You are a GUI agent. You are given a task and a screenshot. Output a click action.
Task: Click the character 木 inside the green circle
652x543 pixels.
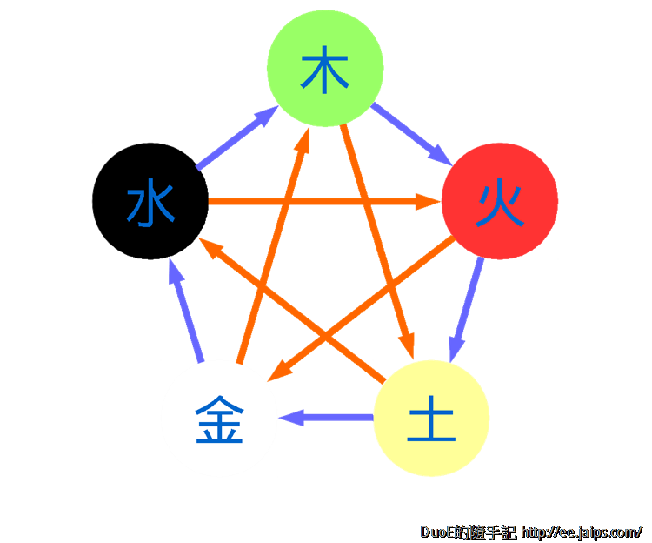tap(325, 72)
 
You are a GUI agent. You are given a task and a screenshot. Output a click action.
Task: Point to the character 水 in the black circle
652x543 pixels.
tap(150, 203)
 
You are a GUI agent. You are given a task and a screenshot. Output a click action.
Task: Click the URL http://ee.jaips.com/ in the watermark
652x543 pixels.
tap(581, 531)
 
